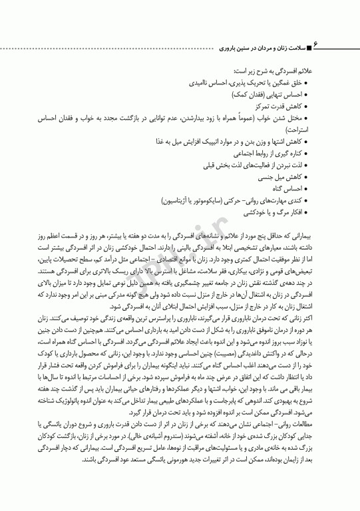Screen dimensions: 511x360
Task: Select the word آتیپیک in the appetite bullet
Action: coord(208,142)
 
